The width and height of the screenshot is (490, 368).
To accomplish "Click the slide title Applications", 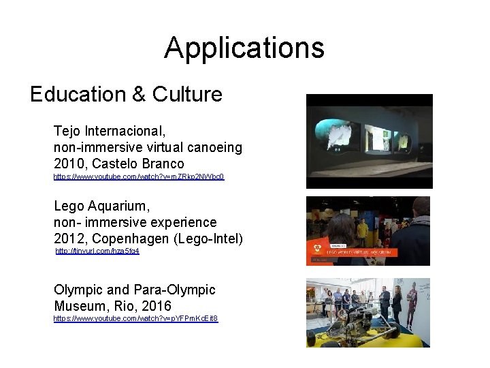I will tap(244, 48).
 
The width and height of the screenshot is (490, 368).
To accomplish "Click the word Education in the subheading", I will tap(77, 94).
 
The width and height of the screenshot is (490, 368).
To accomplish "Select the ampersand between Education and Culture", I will tap(138, 94).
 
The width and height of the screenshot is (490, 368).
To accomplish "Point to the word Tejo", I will tap(67, 130).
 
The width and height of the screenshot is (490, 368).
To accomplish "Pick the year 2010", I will tap(69, 164).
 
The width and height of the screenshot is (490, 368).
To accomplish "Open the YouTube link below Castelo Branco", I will tap(139, 177).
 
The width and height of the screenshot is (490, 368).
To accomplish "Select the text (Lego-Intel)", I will tap(210, 239).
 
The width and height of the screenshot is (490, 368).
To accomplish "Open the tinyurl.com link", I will tap(97, 251).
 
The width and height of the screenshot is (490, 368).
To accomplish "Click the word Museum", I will tap(80, 306).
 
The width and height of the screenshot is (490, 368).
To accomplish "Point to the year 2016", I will tap(156, 306).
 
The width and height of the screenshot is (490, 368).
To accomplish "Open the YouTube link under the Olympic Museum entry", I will tap(135, 318).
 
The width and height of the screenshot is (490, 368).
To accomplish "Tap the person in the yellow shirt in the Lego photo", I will tap(363, 232).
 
